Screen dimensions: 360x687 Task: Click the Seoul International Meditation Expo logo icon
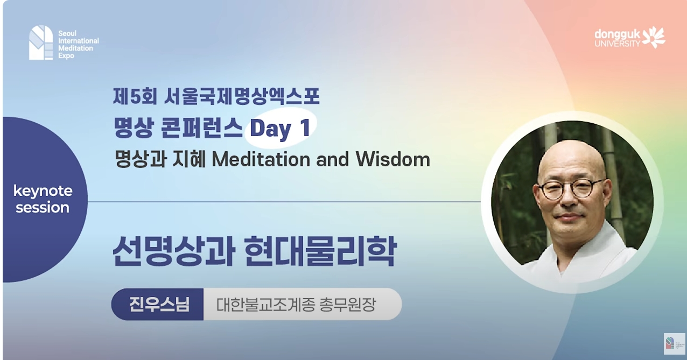click(41, 42)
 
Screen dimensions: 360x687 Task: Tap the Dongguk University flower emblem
click(654, 37)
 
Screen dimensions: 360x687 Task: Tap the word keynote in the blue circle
click(43, 191)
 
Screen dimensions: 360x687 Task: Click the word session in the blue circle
click(43, 208)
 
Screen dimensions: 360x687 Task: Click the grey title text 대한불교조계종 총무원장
click(296, 305)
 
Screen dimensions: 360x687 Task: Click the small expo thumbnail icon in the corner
click(674, 343)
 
